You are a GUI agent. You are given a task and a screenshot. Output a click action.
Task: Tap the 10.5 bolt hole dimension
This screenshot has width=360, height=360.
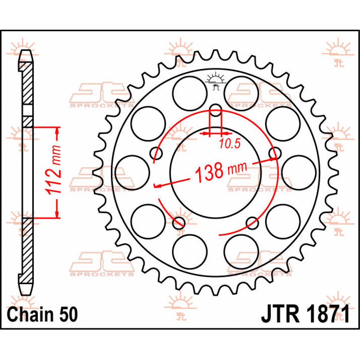[x=229, y=144]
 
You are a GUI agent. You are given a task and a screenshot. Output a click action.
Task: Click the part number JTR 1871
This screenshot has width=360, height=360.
[x=305, y=314]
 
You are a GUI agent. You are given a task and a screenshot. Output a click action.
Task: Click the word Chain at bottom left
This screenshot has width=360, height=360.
[x=30, y=315]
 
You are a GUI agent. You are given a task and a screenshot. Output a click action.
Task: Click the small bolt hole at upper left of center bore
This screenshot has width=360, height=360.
[x=156, y=153]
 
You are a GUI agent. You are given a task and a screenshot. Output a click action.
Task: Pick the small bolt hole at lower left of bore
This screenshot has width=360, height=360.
[x=179, y=222]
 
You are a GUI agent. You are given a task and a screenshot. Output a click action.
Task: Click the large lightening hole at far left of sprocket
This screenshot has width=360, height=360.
[x=132, y=172]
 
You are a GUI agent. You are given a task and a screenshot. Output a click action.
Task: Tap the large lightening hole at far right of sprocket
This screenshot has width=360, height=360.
[x=299, y=172]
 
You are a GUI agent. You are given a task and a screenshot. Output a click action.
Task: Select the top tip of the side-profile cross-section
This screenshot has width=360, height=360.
[x=27, y=53]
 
